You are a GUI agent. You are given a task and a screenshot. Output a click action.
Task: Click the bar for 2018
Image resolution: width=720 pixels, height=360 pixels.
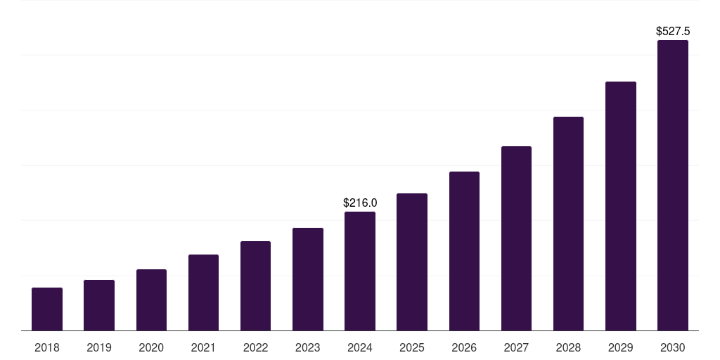(47, 309)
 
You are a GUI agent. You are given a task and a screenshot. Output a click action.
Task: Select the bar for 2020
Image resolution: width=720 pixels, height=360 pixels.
(151, 300)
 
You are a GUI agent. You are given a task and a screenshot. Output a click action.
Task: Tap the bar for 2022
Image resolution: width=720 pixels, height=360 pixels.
(255, 286)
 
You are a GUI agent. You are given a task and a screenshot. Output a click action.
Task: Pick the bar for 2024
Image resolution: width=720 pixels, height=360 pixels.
(360, 271)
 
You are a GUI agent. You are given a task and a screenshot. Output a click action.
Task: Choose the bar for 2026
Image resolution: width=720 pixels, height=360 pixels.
(464, 251)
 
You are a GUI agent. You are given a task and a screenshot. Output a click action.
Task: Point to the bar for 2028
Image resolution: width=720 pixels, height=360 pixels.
(568, 224)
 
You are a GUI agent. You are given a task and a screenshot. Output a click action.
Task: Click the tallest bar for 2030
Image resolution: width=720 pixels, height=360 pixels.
(673, 186)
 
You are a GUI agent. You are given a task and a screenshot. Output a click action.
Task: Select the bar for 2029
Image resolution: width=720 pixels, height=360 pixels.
(621, 206)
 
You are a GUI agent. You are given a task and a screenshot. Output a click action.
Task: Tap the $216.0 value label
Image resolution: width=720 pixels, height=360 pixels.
(360, 202)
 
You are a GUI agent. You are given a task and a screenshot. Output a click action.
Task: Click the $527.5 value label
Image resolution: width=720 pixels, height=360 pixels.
(673, 32)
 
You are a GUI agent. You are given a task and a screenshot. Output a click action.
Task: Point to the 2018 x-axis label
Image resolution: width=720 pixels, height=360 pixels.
(47, 347)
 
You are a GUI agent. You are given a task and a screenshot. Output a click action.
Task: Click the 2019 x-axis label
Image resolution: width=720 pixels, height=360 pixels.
(99, 347)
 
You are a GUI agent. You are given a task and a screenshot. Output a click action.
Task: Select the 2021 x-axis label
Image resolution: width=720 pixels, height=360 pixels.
(203, 347)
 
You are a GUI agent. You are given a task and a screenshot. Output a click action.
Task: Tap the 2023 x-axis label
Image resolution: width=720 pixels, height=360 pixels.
(308, 347)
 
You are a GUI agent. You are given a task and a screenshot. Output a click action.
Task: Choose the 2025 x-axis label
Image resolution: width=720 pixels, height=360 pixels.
(412, 347)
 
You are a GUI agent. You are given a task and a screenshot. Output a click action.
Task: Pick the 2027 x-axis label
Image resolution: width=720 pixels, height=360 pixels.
(516, 347)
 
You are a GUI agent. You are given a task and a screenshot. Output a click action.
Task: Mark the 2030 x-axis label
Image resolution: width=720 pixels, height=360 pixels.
(673, 347)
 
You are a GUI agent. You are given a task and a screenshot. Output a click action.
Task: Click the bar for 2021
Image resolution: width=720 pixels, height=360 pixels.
(203, 292)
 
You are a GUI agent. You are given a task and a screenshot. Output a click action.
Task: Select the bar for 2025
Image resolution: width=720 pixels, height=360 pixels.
(412, 262)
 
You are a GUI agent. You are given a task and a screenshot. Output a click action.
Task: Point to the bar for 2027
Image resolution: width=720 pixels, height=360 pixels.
(516, 238)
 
